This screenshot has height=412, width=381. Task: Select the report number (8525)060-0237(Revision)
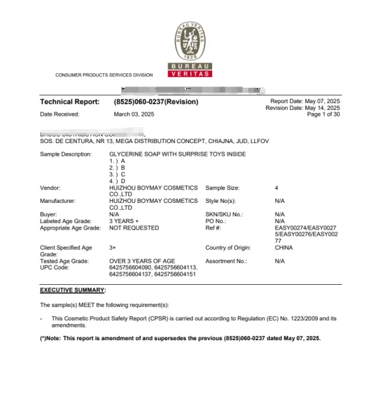156,102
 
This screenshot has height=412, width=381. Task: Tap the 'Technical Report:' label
69,102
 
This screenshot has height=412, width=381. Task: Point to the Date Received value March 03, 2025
133,114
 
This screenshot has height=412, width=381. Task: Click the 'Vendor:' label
52,188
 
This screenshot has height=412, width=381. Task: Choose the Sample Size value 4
276,188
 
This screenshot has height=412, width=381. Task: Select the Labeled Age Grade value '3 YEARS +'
124,221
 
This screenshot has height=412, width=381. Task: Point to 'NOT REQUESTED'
134,227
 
